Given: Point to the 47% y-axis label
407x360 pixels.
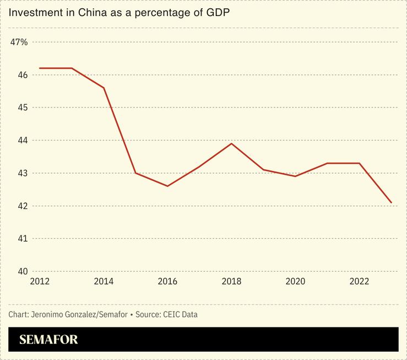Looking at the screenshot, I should [x=19, y=42].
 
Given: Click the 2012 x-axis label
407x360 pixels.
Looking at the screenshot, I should [x=40, y=282].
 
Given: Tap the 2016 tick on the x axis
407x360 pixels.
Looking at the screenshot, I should [x=167, y=282].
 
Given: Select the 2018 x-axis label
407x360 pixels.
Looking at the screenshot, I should [x=231, y=282].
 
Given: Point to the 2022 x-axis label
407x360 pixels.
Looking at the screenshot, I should [x=359, y=282].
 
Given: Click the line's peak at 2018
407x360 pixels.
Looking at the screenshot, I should [x=231, y=143].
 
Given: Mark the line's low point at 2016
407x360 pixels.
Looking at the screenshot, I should [x=167, y=186].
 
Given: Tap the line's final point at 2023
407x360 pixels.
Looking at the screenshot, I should [x=391, y=203].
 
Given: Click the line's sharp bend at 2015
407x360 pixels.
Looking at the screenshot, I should [x=135, y=173].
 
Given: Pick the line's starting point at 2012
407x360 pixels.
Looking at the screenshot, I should [x=40, y=68].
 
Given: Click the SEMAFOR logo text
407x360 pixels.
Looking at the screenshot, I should [x=48, y=340].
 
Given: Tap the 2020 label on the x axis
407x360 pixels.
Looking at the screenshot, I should [x=295, y=282].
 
